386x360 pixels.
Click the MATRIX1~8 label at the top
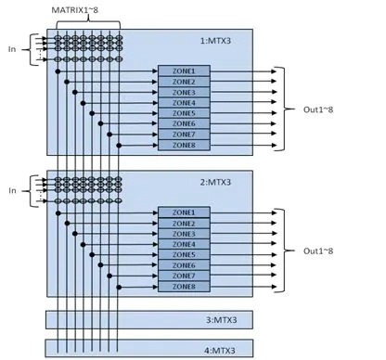click(x=90, y=10)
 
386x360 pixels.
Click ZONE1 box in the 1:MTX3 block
click(x=185, y=71)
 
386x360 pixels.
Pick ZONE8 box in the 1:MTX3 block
click(x=185, y=145)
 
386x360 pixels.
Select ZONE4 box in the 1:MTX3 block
click(x=185, y=103)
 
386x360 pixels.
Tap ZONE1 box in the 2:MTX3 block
click(x=185, y=213)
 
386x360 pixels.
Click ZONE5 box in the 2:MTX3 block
click(x=185, y=255)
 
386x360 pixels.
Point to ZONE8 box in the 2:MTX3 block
click(x=185, y=287)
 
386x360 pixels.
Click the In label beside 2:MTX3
click(x=12, y=190)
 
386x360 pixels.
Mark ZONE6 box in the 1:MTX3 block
click(x=185, y=123)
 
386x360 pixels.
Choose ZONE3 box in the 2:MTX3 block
click(x=185, y=234)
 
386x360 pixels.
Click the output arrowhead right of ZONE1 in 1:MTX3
click(x=272, y=71)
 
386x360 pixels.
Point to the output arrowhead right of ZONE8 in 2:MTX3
click(x=272, y=287)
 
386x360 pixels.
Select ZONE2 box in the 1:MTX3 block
click(x=185, y=82)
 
